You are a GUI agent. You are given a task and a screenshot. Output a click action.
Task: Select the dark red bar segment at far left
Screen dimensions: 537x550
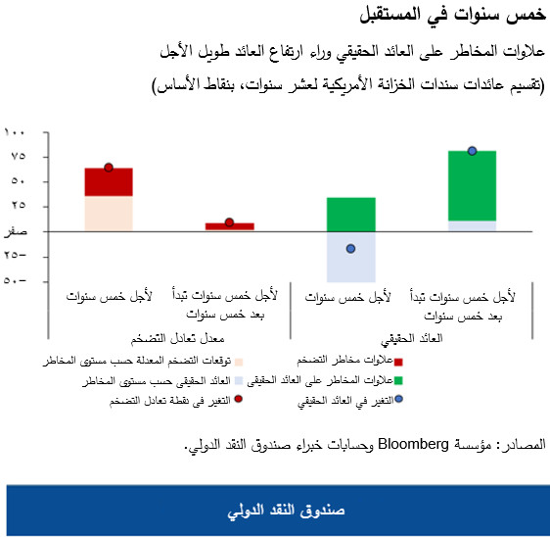(x=109, y=182)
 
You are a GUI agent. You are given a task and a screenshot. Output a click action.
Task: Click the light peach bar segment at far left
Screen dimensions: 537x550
(x=109, y=214)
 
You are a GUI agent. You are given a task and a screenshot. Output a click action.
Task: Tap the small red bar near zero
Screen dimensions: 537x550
(x=229, y=226)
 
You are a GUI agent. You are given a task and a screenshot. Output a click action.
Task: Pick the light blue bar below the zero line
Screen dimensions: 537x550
(x=350, y=257)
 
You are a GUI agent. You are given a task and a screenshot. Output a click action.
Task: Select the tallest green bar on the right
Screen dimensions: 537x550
(x=472, y=186)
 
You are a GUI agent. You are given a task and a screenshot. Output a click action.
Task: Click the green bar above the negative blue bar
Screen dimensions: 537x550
(x=350, y=214)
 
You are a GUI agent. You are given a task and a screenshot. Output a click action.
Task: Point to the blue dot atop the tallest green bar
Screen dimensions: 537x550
(x=472, y=151)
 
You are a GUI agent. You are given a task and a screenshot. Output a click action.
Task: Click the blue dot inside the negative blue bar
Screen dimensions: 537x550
(x=350, y=249)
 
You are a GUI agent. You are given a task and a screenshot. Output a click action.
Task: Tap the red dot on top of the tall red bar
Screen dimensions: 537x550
(x=109, y=168)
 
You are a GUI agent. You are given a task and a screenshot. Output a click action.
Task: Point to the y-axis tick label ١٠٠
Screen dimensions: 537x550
(x=18, y=131)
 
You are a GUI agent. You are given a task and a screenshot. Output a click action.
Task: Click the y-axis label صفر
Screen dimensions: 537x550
(x=18, y=231)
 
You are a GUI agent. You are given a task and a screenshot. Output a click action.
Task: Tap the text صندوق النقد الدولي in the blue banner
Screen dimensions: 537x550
(x=275, y=512)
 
